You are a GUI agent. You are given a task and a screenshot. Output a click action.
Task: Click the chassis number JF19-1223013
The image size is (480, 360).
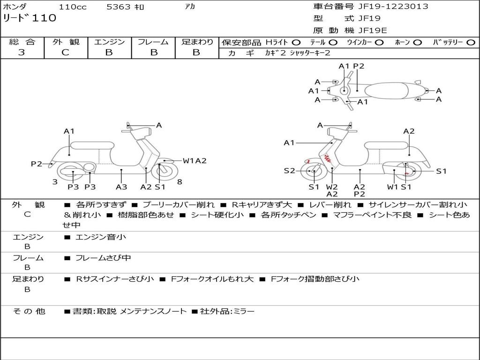393,7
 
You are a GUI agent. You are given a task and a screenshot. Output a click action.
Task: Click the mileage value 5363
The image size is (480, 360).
119,7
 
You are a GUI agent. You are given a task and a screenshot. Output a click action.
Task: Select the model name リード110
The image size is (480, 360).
30,18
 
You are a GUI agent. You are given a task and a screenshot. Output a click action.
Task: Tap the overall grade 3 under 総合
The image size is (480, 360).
22,52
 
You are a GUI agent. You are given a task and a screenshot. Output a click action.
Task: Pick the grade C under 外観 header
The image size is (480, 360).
65,52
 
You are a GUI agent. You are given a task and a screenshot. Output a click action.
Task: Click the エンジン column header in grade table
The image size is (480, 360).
109,42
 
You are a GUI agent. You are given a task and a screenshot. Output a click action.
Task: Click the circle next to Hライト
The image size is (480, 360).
296,43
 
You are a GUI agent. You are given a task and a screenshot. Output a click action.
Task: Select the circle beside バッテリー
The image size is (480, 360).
471,43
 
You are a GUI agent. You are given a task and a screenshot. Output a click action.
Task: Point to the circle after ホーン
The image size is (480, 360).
418,43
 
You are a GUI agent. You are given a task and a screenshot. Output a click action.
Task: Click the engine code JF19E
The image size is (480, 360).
373,30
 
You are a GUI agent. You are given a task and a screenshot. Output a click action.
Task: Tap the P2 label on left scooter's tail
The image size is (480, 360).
37,164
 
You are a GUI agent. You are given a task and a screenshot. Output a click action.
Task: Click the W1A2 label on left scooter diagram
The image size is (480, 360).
195,161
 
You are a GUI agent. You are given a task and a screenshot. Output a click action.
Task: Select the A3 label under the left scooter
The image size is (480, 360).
121,187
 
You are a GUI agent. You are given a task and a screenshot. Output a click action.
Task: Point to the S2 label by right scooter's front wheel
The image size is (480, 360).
289,171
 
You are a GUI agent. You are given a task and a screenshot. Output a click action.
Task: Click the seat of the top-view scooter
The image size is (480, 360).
386,91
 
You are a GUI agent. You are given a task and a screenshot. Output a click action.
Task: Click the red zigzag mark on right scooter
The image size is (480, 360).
327,158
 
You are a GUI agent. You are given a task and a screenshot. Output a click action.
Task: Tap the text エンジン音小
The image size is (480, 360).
100,237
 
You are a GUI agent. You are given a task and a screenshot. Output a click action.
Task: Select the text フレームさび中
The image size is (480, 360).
103,258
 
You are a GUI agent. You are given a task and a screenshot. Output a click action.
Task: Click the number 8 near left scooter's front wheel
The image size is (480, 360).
180,182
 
